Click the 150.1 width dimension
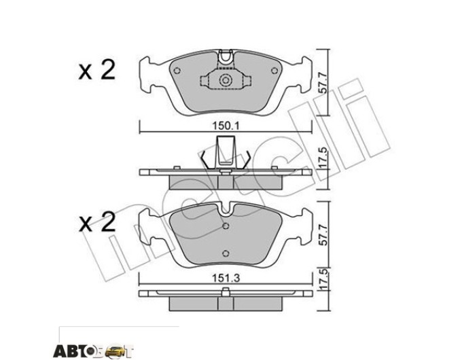[x=226, y=126]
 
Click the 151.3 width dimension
[x=226, y=278]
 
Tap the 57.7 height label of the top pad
[x=323, y=84]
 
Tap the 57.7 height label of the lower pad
[x=323, y=235]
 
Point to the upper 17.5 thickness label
[x=323, y=158]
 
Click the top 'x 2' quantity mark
[x=96, y=70]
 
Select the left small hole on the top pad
[x=177, y=71]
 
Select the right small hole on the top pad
[x=274, y=71]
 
